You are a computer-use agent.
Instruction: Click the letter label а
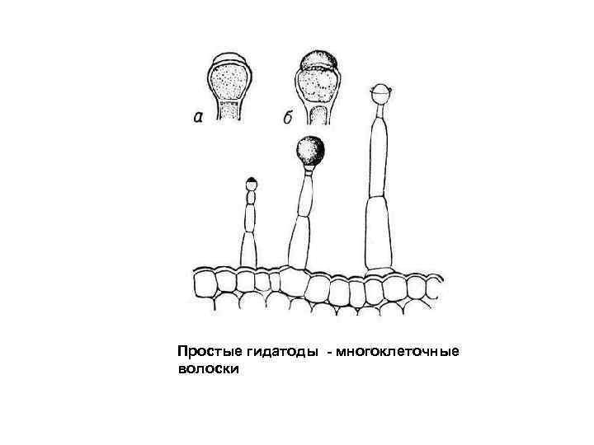198,118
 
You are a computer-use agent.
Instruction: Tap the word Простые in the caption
205,353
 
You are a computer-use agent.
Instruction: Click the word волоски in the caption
208,370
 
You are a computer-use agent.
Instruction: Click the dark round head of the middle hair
310,150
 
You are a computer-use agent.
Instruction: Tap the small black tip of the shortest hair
251,180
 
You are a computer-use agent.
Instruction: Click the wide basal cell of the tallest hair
379,235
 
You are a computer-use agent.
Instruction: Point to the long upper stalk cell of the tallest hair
379,157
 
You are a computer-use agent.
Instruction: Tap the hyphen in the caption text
330,354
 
